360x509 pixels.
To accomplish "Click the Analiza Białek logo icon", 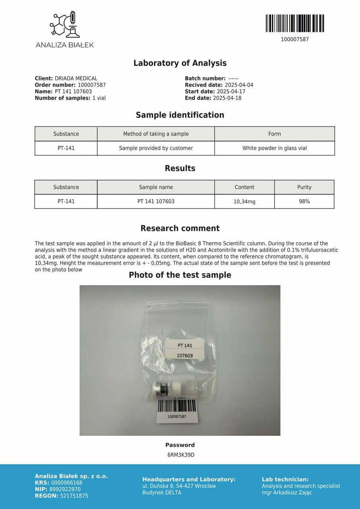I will click(x=64, y=25).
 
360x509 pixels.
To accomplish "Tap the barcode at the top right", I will click(x=295, y=23).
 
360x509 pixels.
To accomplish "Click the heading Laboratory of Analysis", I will click(x=180, y=63).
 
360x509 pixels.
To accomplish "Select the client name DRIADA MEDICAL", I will click(x=76, y=79).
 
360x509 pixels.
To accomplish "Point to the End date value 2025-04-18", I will click(x=227, y=98).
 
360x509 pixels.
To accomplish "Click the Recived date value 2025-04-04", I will click(x=239, y=85).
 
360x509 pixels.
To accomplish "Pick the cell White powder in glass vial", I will click(x=274, y=148).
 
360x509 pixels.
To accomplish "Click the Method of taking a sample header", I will click(x=156, y=134).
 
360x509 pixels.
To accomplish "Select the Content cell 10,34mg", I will click(x=244, y=202).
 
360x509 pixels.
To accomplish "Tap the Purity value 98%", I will click(x=304, y=202).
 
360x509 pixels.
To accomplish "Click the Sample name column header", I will click(x=156, y=187).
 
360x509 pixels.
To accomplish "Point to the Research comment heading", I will click(x=180, y=229).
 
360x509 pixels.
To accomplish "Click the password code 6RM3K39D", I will click(x=181, y=455).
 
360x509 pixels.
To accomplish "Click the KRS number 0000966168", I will click(x=67, y=483).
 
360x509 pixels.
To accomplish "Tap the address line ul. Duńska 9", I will click(x=179, y=486).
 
